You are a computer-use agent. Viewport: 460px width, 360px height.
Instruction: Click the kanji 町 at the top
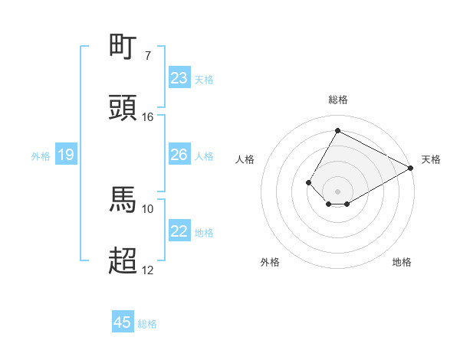point(123,47)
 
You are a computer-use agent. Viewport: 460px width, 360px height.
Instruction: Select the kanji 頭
point(123,108)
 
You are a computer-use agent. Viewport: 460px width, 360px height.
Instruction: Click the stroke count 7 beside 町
point(147,56)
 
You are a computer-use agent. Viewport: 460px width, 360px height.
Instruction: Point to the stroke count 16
point(148,117)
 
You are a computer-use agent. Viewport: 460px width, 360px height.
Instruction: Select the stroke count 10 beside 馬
point(148,208)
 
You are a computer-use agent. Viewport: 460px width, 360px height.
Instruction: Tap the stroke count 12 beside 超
point(148,270)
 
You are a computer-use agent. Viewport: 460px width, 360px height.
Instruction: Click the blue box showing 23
point(179,78)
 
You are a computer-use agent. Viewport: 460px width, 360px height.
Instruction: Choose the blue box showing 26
point(179,155)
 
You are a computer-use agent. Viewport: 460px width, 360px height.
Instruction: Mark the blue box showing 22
point(179,231)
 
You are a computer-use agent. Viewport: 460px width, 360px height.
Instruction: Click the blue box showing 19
point(66,155)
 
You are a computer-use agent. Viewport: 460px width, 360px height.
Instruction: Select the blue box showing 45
point(123,322)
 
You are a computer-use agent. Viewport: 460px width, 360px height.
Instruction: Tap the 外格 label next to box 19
point(41,156)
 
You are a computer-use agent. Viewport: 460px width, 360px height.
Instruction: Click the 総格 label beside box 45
point(147,324)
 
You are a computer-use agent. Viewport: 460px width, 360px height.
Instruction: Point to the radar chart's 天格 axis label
point(431,159)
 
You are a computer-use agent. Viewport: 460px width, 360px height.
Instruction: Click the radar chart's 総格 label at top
point(337,100)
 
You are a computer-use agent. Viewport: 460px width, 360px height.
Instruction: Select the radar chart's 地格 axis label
point(402,262)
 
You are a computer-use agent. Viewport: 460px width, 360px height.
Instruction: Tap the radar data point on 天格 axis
point(411,169)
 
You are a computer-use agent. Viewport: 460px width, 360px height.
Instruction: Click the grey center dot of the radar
point(337,191)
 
